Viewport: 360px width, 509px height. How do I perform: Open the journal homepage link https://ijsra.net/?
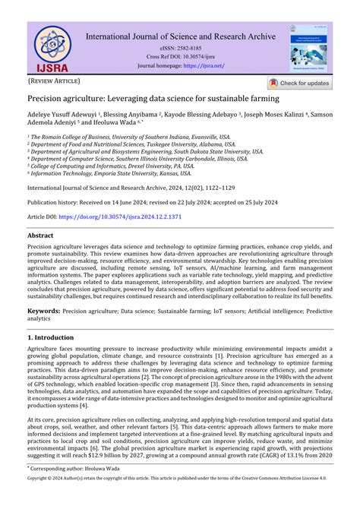coord(204,65)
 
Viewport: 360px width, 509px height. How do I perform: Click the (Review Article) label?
coord(53,80)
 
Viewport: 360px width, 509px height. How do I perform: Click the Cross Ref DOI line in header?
coord(181,56)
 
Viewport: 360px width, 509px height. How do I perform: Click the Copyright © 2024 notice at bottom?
coord(180,501)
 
